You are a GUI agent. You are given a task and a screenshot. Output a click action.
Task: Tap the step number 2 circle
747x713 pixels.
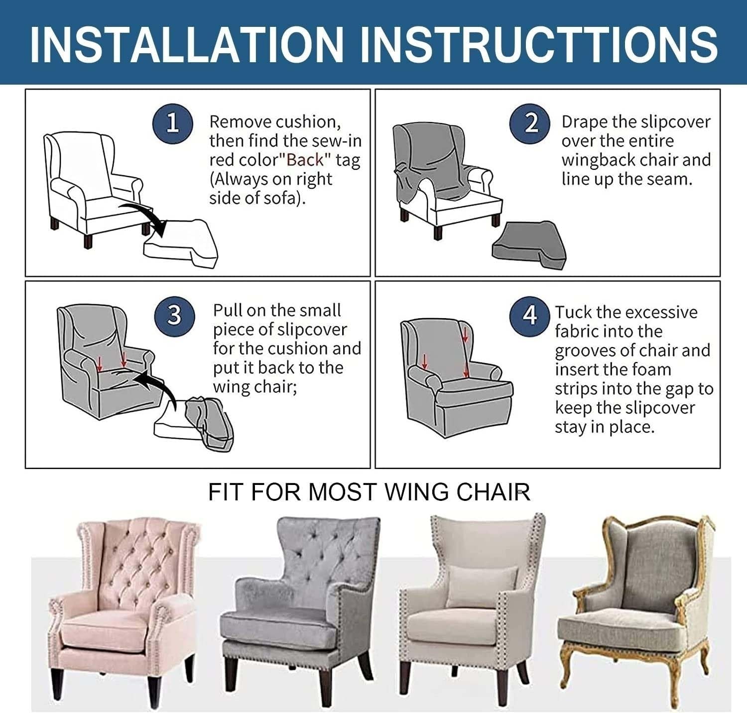530,123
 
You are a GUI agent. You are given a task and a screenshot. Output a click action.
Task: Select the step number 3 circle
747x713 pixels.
174,315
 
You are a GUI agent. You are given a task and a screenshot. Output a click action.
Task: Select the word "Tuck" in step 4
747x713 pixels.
573,313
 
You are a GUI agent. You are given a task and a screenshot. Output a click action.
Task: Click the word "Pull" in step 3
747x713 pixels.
228,311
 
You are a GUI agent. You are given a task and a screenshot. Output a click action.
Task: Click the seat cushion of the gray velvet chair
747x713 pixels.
279,625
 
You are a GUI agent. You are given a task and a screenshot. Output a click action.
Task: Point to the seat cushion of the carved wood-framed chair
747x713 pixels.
622,629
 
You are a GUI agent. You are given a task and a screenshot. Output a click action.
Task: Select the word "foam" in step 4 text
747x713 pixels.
650,370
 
